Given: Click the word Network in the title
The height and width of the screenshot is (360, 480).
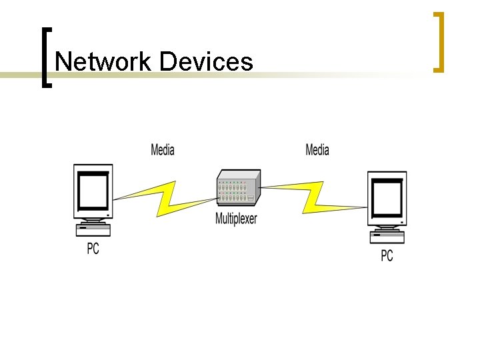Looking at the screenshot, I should point(104,62).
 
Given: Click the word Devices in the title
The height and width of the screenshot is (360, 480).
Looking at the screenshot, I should point(206,62).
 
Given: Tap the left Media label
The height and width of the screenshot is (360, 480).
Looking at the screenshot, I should point(163,149).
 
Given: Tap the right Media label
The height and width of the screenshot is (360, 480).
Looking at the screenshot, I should point(317,149).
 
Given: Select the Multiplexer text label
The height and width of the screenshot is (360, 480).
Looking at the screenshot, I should point(236,219).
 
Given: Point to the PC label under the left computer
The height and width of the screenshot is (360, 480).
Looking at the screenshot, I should point(93,249).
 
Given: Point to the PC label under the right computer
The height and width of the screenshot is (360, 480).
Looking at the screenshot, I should point(387,255).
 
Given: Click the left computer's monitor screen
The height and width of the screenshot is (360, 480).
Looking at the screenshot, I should point(93,191).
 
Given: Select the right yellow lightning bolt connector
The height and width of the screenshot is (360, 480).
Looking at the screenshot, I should point(313,195).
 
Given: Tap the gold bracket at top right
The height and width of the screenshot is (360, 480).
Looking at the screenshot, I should point(439,41).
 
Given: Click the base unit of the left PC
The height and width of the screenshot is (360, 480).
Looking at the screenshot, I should point(93,230).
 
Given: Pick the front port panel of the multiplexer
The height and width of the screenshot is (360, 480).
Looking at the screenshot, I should point(233,194).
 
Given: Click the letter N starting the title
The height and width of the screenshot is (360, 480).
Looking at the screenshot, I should point(64,62).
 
